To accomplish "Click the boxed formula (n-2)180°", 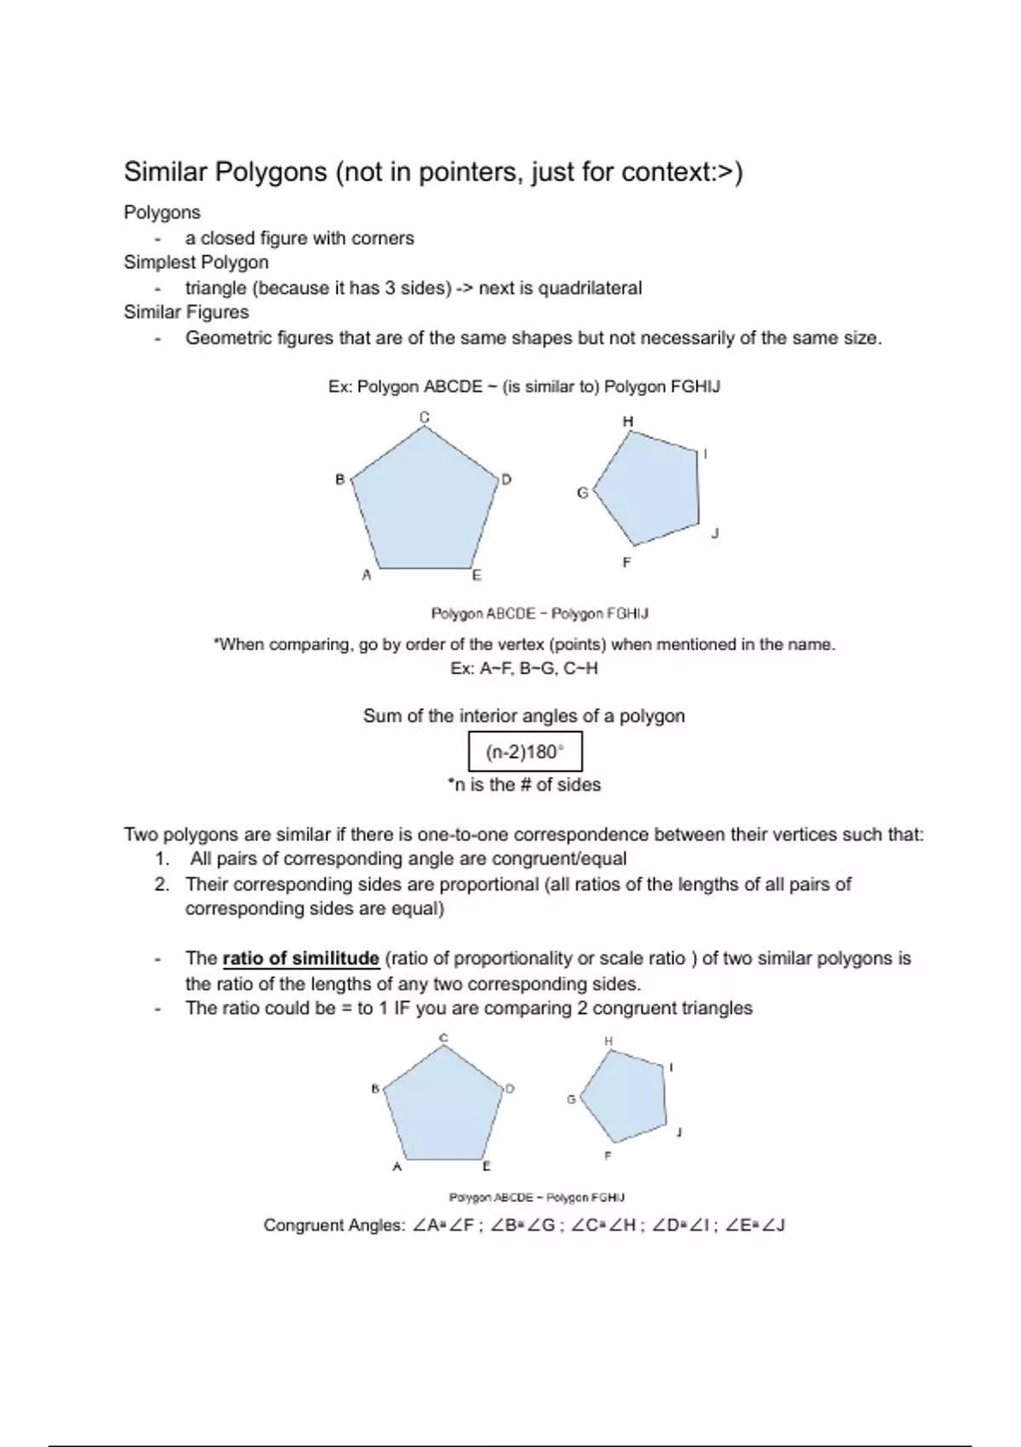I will click(525, 752).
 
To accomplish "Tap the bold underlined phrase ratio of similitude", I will click(300, 958).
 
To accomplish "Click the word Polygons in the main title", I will click(271, 172).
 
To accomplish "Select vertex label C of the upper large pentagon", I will click(425, 416).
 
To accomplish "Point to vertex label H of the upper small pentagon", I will click(628, 421).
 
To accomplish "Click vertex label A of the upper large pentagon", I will click(367, 575).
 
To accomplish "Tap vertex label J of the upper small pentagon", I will click(715, 534).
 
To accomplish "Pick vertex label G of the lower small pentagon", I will click(572, 1099).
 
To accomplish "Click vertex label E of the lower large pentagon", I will click(487, 1166).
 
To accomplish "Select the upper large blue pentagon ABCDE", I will click(424, 506).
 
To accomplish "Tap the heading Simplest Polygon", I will click(196, 262).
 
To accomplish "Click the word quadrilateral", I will click(590, 288).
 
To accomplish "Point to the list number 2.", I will click(162, 884).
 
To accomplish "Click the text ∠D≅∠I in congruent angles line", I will click(684, 1226).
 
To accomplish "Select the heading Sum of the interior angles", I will click(523, 716).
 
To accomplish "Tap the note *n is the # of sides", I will click(524, 785).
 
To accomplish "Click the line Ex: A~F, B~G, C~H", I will click(524, 669).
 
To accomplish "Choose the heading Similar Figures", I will click(186, 312).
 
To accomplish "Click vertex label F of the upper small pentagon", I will click(626, 563).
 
